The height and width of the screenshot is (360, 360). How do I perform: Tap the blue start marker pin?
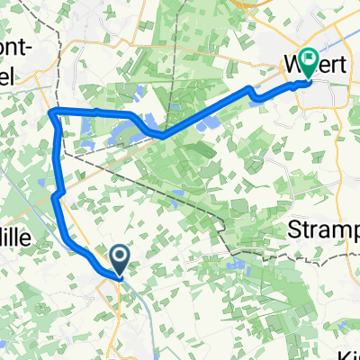tap(120, 258)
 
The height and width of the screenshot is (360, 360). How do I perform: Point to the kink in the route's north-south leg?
tap(56, 194)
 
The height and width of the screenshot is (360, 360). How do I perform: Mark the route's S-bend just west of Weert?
tap(252, 89)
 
